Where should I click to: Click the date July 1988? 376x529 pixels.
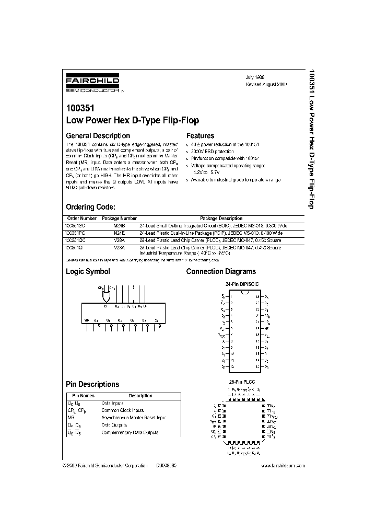tap(255, 76)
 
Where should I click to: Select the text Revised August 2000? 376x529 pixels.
tap(266, 84)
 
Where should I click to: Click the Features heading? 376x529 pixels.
tap(200, 135)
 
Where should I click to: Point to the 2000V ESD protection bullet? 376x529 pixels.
tap(213, 151)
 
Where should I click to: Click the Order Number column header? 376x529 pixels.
tap(82, 218)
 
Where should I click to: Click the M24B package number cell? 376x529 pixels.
tap(119, 225)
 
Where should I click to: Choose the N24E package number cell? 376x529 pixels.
tap(119, 232)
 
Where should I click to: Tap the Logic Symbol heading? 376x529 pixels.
tap(88, 271)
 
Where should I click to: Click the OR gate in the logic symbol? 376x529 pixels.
tap(106, 297)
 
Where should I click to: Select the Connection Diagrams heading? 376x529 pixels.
tap(221, 271)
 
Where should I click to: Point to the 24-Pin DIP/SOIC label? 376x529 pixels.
tap(242, 284)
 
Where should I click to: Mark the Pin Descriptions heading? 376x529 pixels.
tap(92, 384)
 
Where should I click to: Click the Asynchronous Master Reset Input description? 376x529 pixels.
tap(134, 418)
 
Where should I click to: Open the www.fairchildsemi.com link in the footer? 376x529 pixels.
tap(282, 465)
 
